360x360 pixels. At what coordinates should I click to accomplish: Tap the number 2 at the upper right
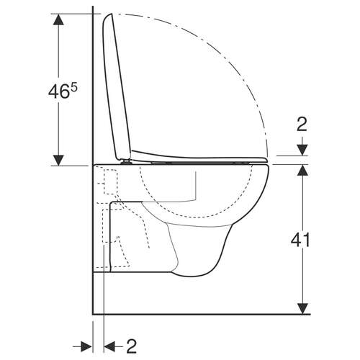(302, 125)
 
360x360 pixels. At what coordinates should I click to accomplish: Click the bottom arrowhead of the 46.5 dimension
(55, 159)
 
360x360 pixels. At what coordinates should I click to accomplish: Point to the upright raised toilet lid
(115, 86)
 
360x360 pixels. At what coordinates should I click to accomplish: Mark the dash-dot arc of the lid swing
(238, 65)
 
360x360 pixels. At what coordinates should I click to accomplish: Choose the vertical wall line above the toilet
(94, 72)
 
